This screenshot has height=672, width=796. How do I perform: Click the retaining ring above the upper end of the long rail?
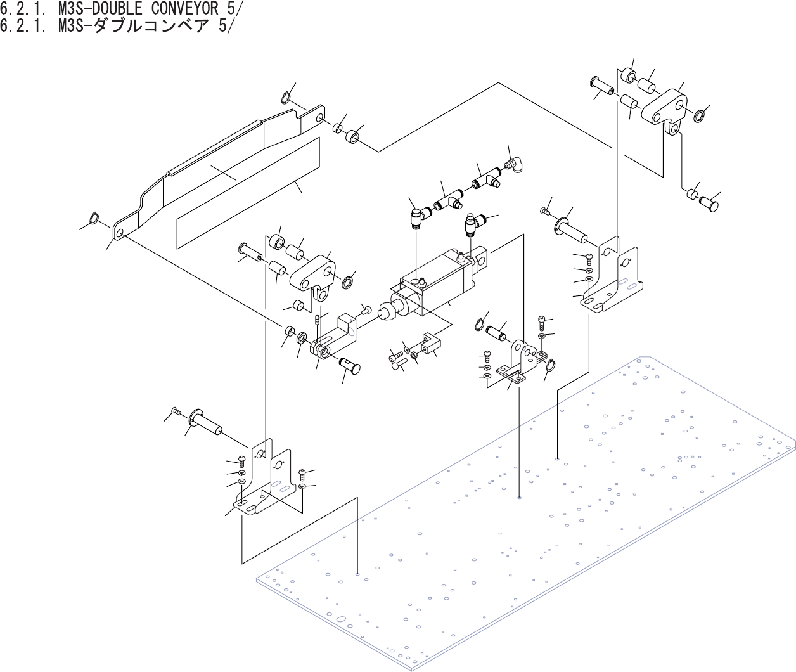pos(286,98)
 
